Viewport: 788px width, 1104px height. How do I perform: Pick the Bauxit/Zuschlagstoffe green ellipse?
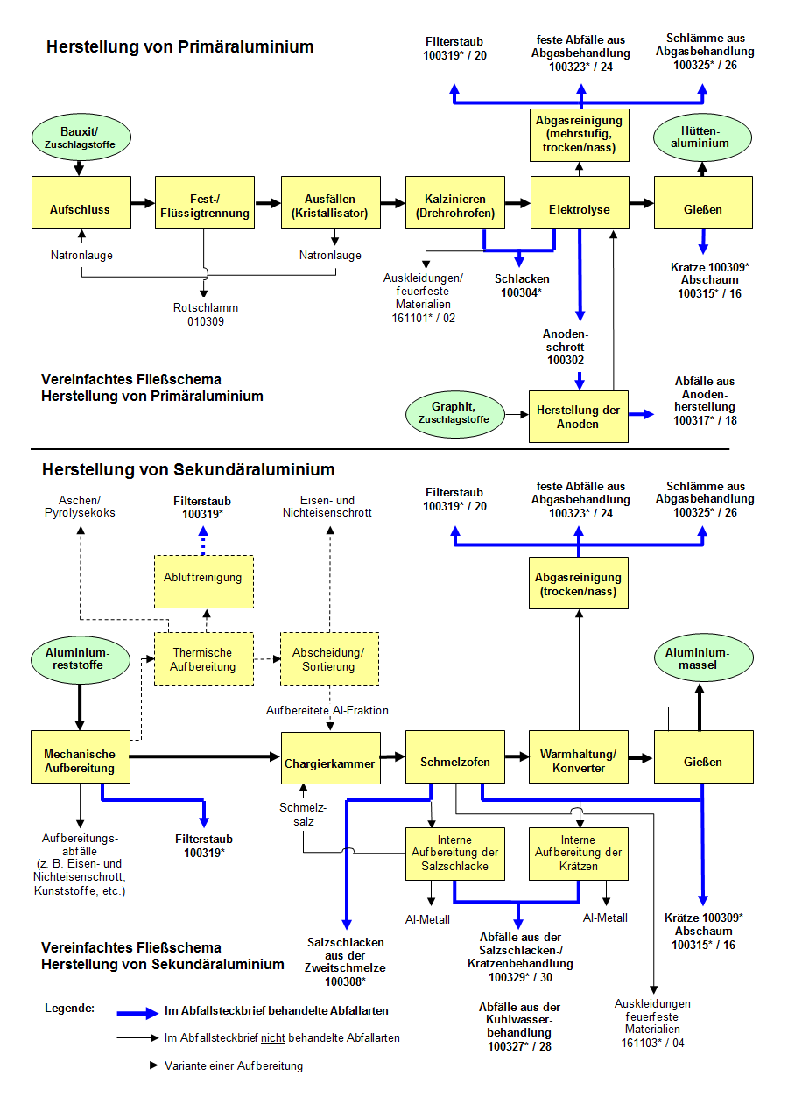(x=81, y=137)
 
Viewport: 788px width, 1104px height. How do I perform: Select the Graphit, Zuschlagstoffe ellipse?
(x=455, y=413)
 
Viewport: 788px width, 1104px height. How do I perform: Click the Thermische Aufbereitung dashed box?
(x=203, y=659)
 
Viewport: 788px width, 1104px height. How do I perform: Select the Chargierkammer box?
(x=329, y=763)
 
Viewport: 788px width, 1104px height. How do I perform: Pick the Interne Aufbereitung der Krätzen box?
(x=579, y=853)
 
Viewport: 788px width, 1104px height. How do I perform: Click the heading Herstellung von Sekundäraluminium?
(x=188, y=470)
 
